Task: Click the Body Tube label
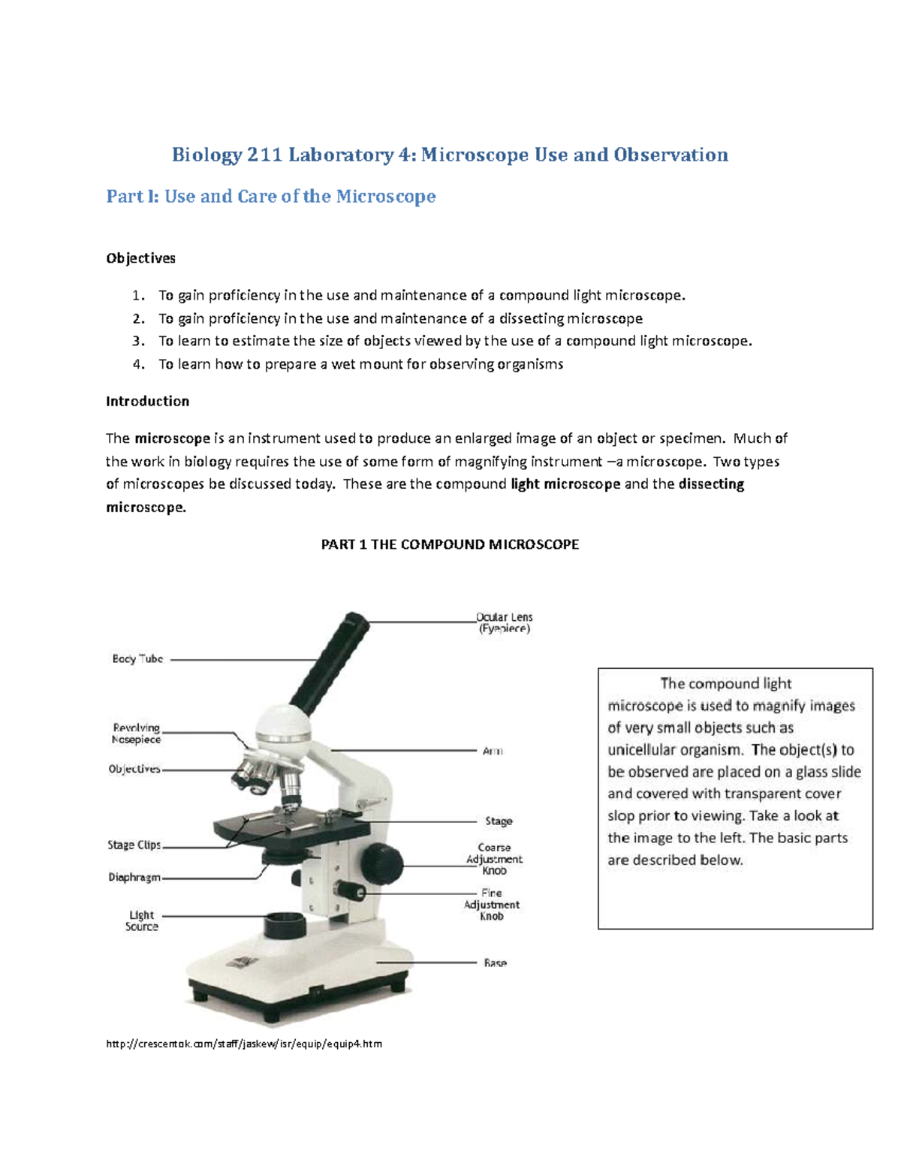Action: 137,658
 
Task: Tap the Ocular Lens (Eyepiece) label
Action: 505,622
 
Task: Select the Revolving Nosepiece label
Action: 136,734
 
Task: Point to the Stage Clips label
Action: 134,845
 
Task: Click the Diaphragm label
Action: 134,877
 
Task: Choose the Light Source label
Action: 141,920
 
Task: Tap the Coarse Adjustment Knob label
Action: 494,859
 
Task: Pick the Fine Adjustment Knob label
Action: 492,905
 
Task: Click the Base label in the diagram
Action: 495,963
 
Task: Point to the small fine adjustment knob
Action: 351,890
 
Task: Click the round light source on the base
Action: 285,923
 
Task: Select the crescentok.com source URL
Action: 244,1044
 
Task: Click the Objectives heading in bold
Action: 140,258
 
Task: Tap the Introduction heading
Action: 147,401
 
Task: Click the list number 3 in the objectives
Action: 137,341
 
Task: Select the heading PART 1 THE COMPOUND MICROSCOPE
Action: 450,544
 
